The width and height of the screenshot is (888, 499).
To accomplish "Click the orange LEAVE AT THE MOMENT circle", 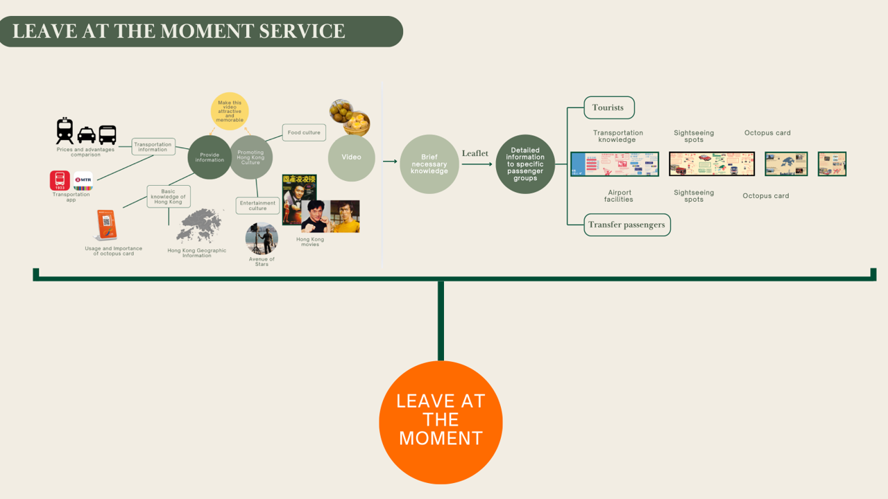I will (441, 422).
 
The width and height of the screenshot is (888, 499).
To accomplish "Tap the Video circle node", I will (352, 157).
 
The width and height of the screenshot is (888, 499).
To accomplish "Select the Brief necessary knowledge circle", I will (429, 164).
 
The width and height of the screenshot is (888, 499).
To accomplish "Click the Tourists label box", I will (608, 108).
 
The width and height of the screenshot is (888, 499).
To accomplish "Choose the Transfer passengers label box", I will (626, 225).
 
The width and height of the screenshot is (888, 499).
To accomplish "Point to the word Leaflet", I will (475, 153).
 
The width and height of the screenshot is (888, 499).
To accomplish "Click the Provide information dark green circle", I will (210, 157).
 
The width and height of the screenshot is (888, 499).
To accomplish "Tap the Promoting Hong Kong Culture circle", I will (251, 157).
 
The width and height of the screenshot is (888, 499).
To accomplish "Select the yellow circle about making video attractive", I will (230, 111).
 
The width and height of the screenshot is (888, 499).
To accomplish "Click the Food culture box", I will (304, 132).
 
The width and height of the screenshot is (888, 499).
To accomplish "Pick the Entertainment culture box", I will (258, 206).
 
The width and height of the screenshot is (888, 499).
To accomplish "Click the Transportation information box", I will (153, 147).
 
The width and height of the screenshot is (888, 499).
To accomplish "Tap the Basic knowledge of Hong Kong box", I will (169, 197).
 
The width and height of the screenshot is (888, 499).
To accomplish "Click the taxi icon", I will (87, 134).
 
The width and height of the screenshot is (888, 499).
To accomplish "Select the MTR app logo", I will (83, 181).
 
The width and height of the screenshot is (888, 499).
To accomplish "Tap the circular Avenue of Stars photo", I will (262, 239).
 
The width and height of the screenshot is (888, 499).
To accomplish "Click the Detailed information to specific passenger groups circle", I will (525, 164).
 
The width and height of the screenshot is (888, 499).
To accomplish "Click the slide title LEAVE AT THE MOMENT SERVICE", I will (179, 31).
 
